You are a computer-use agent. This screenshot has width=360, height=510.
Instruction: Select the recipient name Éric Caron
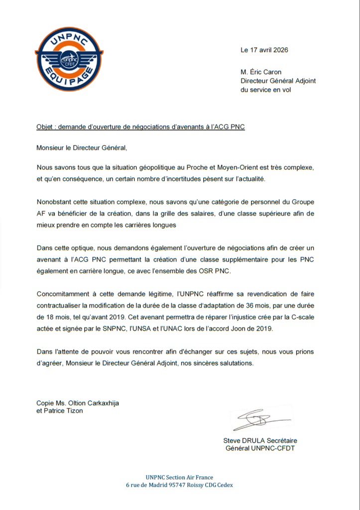pos(269,72)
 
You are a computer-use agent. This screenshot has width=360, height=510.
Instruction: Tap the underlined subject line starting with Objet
pos(140,127)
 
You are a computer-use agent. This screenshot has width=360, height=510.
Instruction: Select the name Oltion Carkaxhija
pos(93,403)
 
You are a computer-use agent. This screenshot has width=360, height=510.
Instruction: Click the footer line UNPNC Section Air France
pos(179,477)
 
